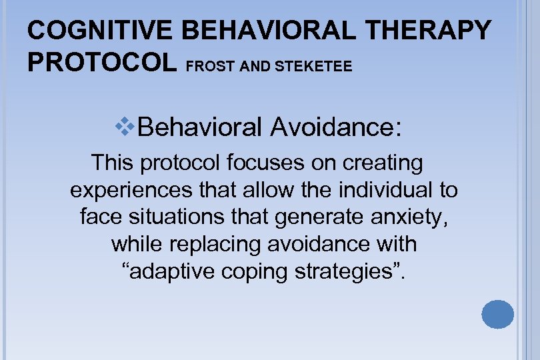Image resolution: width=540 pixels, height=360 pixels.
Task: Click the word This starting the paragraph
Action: pos(113,162)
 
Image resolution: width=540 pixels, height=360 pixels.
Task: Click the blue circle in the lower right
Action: pos(497,314)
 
